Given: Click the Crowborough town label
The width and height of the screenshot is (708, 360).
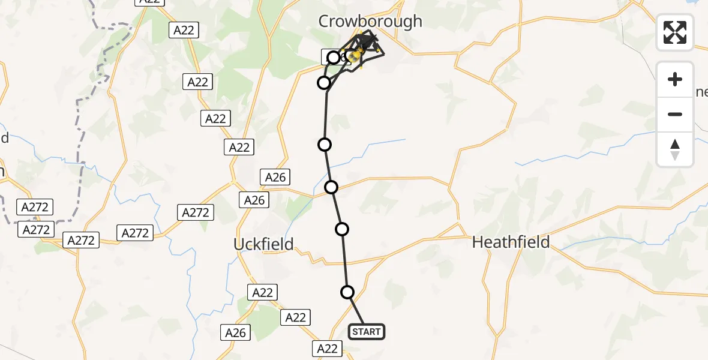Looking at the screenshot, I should (x=370, y=22).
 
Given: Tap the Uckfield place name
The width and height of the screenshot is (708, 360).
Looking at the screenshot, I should (x=263, y=244).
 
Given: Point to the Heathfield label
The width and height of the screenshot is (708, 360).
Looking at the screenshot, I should (x=511, y=242).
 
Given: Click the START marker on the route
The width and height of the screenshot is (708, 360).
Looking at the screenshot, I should (x=366, y=332).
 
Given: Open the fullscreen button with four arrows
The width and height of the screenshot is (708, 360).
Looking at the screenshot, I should (x=675, y=32).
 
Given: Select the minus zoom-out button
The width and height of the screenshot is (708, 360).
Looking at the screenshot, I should (x=675, y=114).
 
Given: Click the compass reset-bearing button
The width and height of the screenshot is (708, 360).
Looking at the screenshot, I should (x=675, y=149).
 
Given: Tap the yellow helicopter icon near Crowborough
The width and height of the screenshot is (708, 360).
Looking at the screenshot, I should (x=355, y=57).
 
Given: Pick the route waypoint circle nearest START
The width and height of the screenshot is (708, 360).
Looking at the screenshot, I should (x=347, y=292).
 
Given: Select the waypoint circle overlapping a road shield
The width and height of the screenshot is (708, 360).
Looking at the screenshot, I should (x=334, y=58).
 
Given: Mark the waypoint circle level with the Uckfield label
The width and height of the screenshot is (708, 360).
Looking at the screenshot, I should (x=342, y=229).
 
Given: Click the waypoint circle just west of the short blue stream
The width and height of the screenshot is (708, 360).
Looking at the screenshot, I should (x=325, y=144).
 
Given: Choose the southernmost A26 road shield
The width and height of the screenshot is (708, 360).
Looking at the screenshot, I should (x=235, y=332).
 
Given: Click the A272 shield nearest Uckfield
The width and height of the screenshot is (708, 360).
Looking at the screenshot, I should (x=196, y=212).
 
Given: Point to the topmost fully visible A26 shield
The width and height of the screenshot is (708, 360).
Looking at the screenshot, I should (x=275, y=177).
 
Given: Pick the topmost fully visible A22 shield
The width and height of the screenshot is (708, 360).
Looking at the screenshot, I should (x=184, y=30).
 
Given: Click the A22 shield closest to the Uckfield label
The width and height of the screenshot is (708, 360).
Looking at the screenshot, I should (x=262, y=292).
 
